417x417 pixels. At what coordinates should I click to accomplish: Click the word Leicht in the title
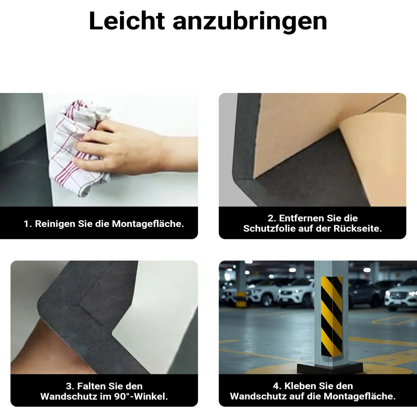[x=127, y=21]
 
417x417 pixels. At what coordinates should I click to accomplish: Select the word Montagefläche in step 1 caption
[x=148, y=224]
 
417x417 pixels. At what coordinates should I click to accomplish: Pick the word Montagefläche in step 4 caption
[x=360, y=396]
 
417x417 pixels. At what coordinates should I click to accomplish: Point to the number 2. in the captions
[x=272, y=218]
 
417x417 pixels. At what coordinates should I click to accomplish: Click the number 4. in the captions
[x=277, y=386]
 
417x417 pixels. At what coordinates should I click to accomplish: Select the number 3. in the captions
[x=70, y=386]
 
